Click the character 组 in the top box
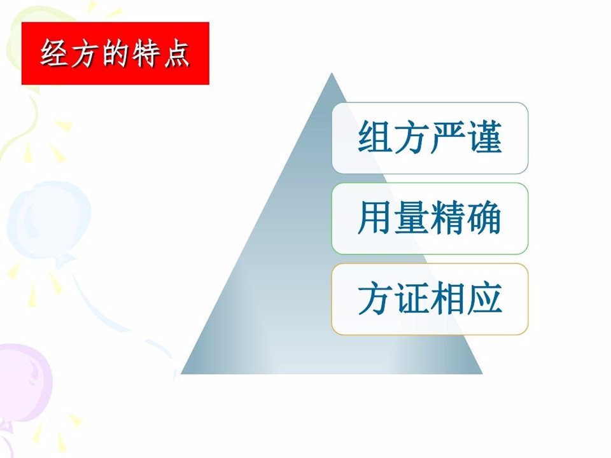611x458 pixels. click(x=374, y=137)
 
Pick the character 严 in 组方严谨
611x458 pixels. click(x=448, y=137)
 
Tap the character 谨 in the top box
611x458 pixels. click(x=484, y=137)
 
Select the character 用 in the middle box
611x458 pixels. click(x=374, y=218)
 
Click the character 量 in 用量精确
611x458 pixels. click(x=412, y=218)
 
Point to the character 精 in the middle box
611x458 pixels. click(x=448, y=218)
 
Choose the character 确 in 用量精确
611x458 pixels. click(x=484, y=218)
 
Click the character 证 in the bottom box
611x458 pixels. click(x=412, y=298)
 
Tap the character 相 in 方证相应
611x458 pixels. click(x=448, y=298)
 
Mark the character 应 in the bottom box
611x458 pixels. click(x=484, y=298)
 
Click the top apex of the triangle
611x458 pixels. click(x=332, y=73)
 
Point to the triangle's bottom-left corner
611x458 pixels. click(x=181, y=373)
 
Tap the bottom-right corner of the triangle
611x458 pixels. click(x=482, y=373)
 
